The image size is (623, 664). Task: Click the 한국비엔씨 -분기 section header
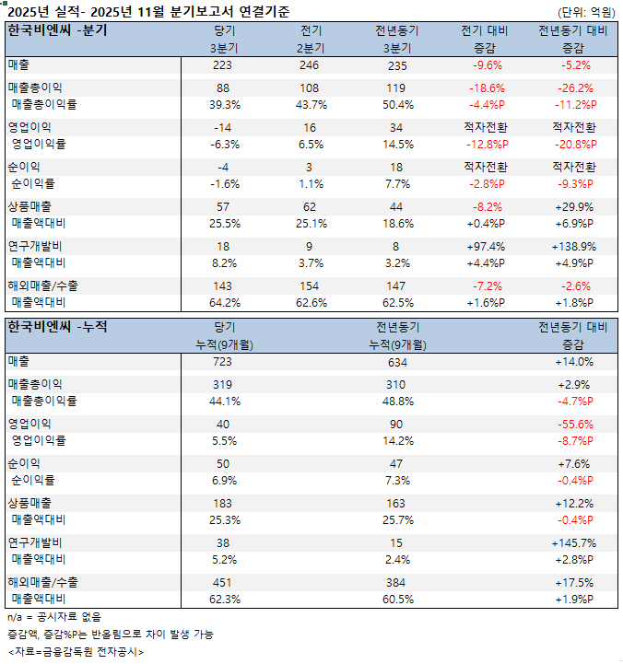(57, 30)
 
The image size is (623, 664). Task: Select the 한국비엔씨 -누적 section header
(57, 327)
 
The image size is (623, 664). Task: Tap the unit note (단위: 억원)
(586, 12)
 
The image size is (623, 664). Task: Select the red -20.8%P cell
(572, 145)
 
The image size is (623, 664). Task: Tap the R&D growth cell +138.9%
(572, 247)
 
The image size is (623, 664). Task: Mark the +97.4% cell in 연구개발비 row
(488, 247)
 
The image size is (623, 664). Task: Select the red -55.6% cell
(572, 424)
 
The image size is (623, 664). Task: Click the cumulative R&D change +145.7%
(572, 543)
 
